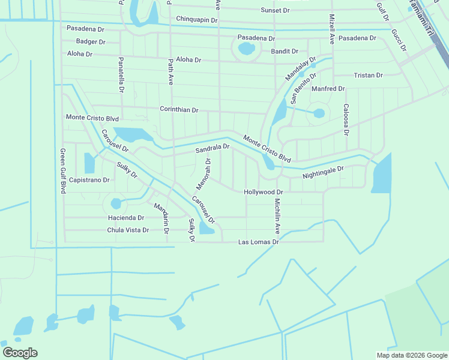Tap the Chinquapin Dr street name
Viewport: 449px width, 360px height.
pos(197,20)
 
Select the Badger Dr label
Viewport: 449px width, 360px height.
pos(91,42)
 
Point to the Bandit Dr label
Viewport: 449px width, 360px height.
pos(285,52)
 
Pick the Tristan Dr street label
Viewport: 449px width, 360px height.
pos(369,76)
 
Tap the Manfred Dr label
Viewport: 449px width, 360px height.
pos(328,89)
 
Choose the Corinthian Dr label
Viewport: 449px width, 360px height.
pos(179,110)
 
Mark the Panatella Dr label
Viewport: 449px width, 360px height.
pos(121,75)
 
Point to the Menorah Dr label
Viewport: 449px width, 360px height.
pos(204,171)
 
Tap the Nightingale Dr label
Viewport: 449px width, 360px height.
pos(323,173)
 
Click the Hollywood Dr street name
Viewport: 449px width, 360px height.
pos(263,192)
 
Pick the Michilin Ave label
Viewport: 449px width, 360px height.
pos(277,215)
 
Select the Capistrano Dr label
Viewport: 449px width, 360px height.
pos(89,180)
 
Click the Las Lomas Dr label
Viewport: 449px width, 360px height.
pos(259,242)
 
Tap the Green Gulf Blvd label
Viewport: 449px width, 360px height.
pos(62,171)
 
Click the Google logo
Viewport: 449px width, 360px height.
pos(20,353)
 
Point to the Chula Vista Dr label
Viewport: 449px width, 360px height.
pos(128,230)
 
